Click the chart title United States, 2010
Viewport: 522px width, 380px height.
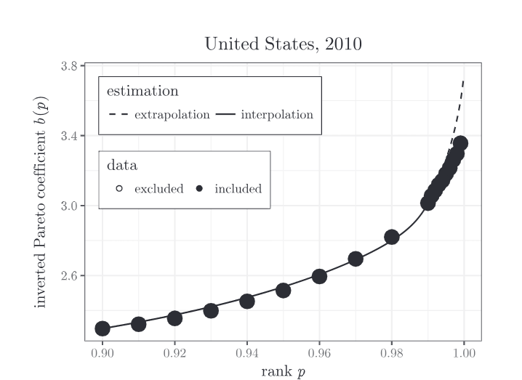coord(283,44)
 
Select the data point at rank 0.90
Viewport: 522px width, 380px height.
coord(103,328)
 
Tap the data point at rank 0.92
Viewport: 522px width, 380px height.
coord(174,318)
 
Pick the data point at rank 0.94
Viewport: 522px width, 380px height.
coord(247,301)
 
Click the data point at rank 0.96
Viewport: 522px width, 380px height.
coord(319,276)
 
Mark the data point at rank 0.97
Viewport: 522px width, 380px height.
coord(356,259)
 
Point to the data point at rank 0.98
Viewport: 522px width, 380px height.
coord(392,237)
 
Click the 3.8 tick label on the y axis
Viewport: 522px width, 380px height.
coord(70,66)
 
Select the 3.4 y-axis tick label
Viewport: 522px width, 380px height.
coord(70,136)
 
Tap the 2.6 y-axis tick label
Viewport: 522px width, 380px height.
coord(70,276)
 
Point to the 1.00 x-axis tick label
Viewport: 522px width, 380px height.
coord(464,353)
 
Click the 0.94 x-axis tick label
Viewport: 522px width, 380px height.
coord(247,353)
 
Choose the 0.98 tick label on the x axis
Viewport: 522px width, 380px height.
coord(392,353)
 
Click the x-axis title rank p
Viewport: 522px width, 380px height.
coord(283,371)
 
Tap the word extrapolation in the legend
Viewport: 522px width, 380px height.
coord(172,115)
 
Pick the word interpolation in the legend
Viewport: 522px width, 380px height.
coord(277,115)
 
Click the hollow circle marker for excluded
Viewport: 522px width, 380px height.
coord(119,189)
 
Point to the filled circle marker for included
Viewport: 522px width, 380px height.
coord(200,189)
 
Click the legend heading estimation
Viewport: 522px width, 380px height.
coord(142,92)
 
